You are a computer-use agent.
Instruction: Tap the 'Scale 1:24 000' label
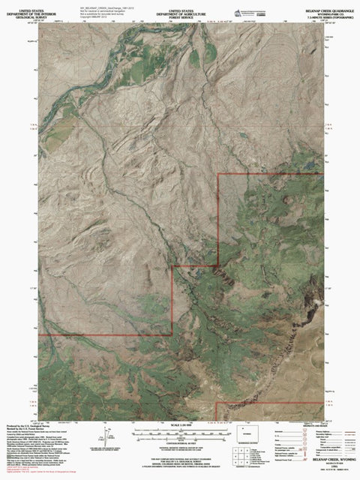tap(181, 426)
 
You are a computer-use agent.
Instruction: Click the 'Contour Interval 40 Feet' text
tap(181, 443)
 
